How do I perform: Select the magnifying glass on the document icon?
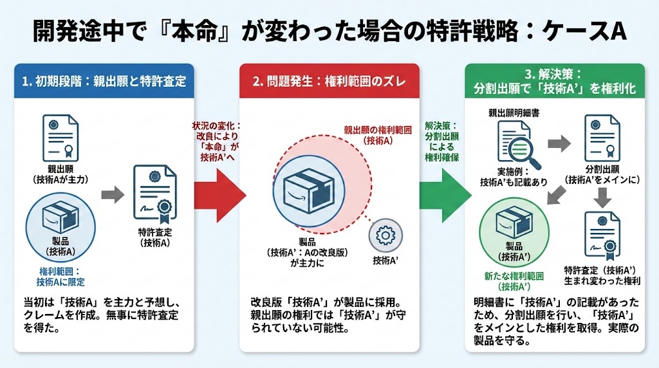click(526, 152)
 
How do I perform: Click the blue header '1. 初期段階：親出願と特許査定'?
click(104, 81)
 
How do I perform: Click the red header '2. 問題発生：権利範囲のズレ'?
click(329, 81)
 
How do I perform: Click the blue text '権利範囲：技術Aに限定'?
click(60, 277)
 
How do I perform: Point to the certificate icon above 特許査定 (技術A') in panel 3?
click(602, 235)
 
